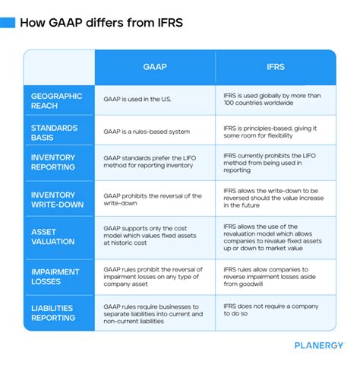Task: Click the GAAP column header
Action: (x=155, y=66)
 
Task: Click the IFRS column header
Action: (x=275, y=66)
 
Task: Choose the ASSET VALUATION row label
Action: (x=53, y=237)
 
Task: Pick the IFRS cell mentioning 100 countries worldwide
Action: (x=273, y=100)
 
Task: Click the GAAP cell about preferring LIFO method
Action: (x=154, y=163)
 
